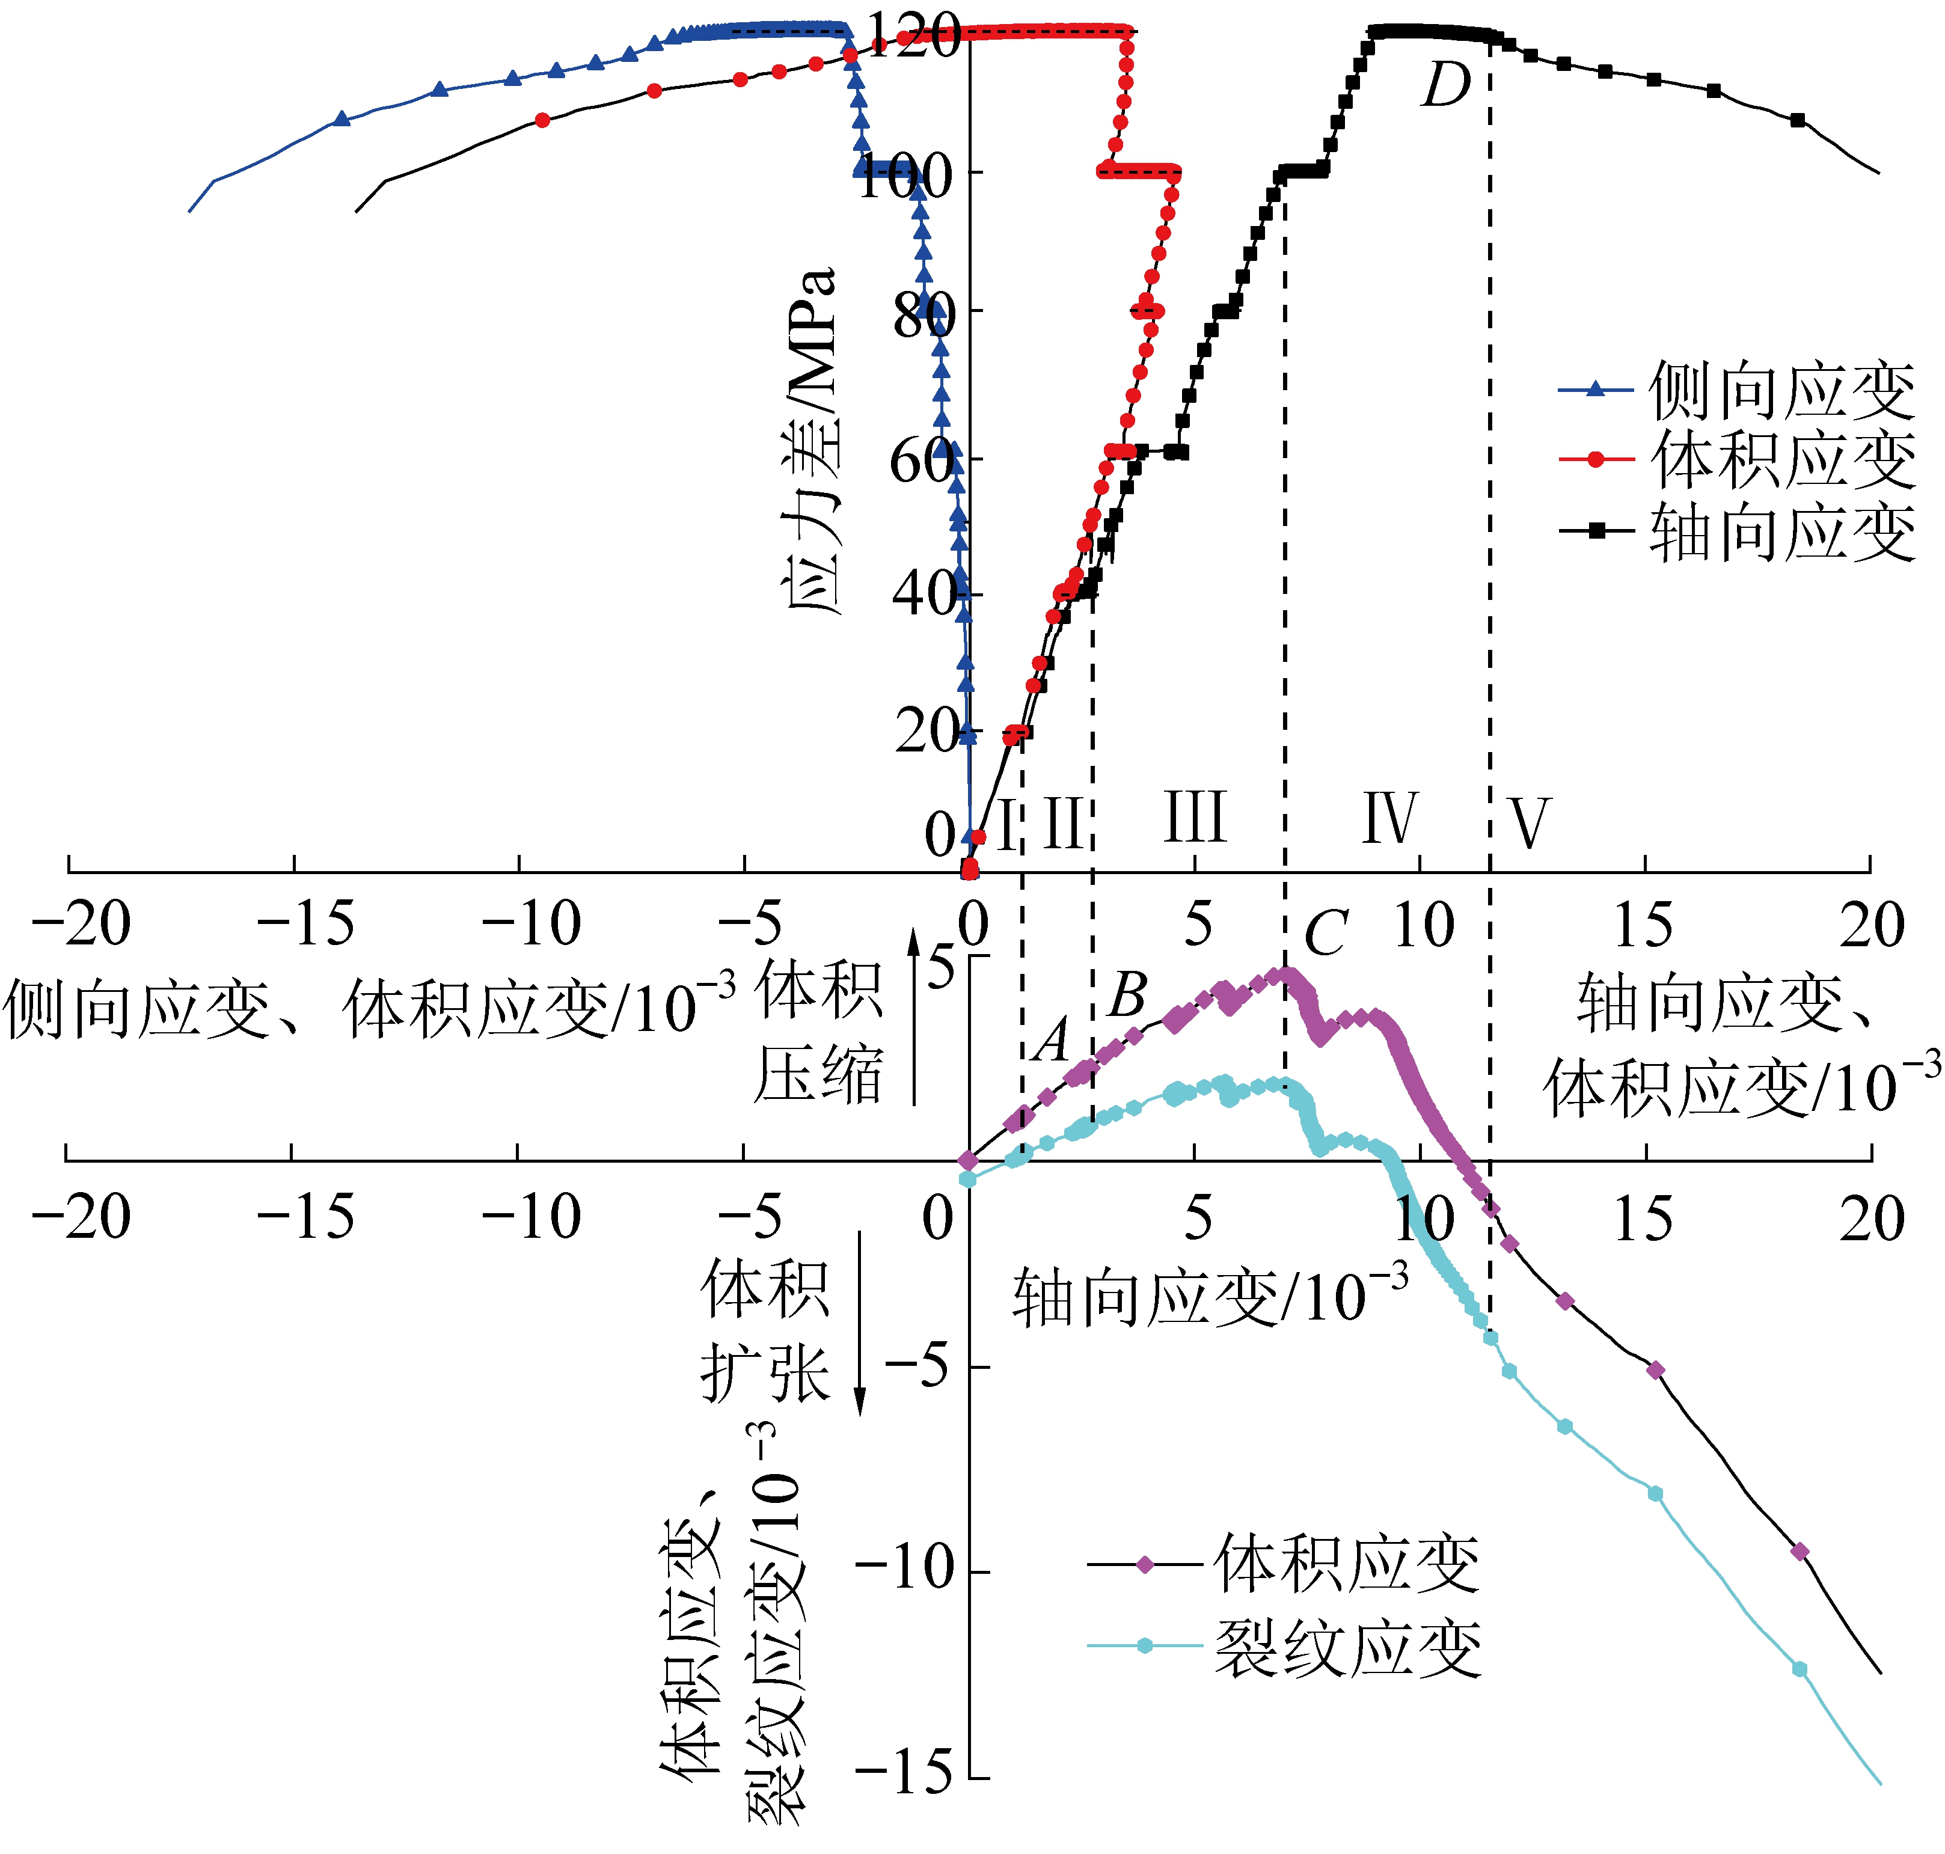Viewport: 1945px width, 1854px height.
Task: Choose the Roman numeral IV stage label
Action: (1389, 818)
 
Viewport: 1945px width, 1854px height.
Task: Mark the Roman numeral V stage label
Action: (1529, 822)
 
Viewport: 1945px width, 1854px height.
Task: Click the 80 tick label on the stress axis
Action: (924, 316)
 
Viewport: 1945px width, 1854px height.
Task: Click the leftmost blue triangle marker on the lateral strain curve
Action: (342, 118)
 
